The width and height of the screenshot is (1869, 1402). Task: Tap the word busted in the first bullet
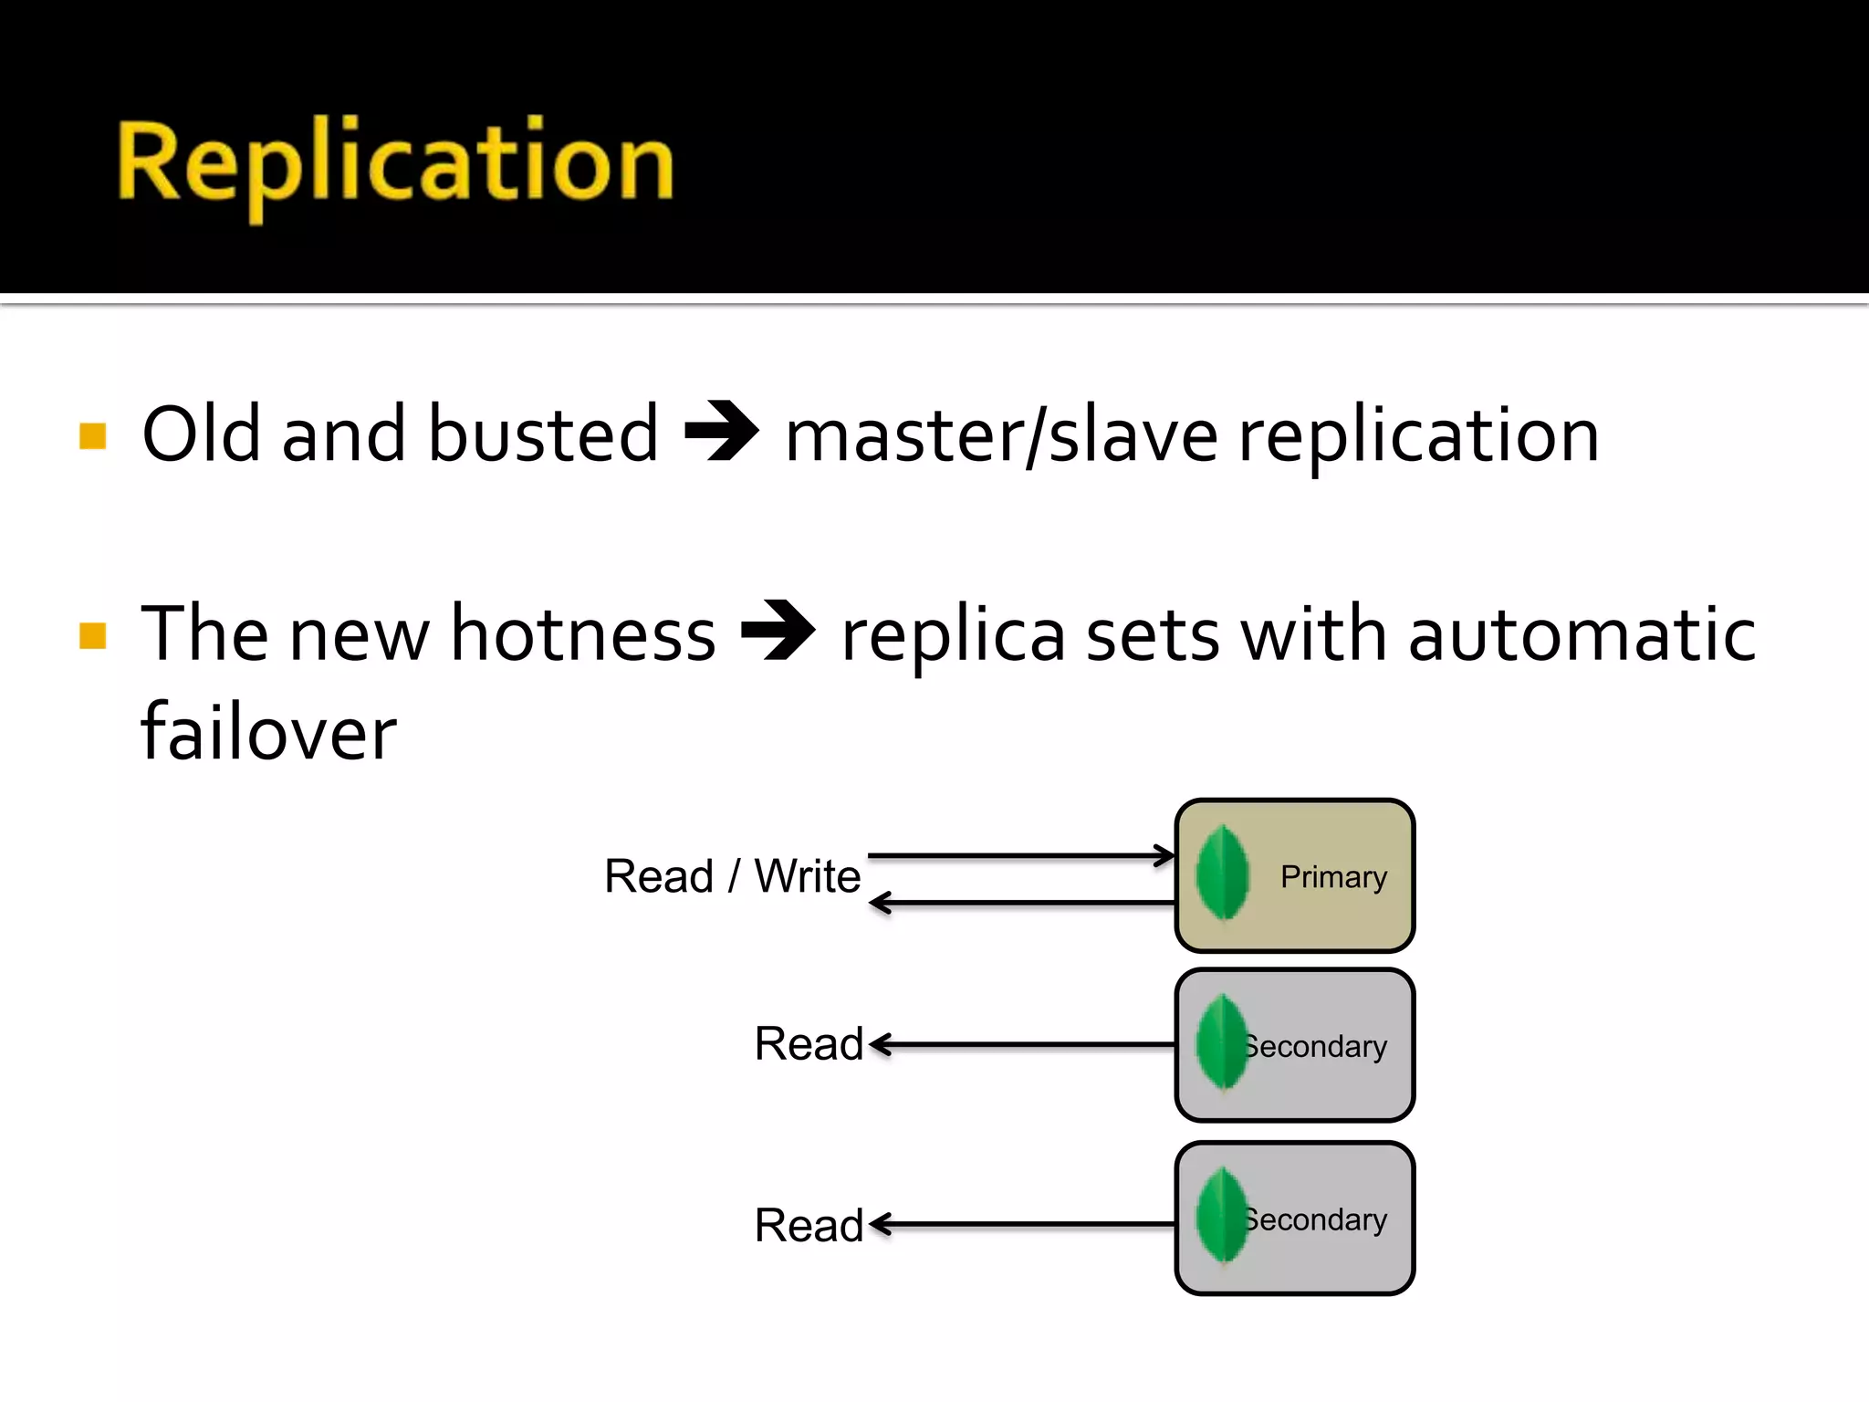(x=543, y=434)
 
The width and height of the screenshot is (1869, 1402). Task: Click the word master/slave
(x=1001, y=436)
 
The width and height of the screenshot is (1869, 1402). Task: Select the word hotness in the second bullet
(x=583, y=633)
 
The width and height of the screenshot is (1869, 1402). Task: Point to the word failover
(x=268, y=732)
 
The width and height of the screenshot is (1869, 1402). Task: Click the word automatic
(x=1582, y=633)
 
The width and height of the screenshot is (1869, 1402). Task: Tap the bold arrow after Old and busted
(x=721, y=431)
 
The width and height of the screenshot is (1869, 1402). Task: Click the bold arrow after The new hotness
(x=778, y=630)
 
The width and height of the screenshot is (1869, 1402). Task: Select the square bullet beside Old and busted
(x=93, y=436)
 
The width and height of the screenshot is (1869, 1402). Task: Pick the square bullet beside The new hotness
(x=93, y=635)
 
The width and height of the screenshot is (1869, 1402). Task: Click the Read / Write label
(x=732, y=876)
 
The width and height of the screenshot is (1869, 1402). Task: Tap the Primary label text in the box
(x=1333, y=877)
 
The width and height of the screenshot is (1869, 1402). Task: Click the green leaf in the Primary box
(x=1222, y=874)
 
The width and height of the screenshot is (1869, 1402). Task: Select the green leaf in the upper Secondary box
(x=1222, y=1042)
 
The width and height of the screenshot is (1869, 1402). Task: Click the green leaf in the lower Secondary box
(x=1222, y=1216)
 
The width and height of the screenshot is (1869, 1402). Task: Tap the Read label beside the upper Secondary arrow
(x=809, y=1044)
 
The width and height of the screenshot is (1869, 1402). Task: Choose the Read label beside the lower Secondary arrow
(x=809, y=1225)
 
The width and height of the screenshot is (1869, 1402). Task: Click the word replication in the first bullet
(x=1418, y=436)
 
